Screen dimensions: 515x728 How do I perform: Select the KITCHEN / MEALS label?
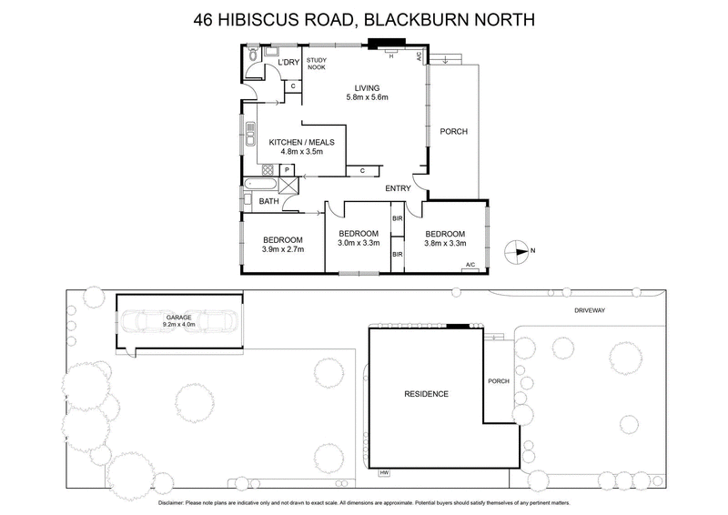(x=301, y=142)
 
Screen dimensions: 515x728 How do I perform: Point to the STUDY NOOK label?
(x=316, y=65)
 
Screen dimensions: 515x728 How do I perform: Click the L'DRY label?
(x=288, y=62)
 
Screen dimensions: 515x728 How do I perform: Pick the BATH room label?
(x=268, y=201)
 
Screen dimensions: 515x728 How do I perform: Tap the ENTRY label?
(x=398, y=188)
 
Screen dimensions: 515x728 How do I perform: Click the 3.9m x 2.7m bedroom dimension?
(x=282, y=248)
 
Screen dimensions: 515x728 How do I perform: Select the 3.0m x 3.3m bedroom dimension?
(x=358, y=243)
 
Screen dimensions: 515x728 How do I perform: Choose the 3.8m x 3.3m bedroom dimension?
(x=446, y=243)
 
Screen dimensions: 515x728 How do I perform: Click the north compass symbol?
(x=518, y=250)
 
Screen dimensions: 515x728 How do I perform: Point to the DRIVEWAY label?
(x=590, y=310)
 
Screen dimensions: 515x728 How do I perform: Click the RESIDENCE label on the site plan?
(x=427, y=394)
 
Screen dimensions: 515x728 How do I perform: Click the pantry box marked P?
(x=287, y=169)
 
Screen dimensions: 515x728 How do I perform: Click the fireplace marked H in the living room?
(x=390, y=54)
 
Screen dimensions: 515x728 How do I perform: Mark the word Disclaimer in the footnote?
(x=177, y=502)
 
